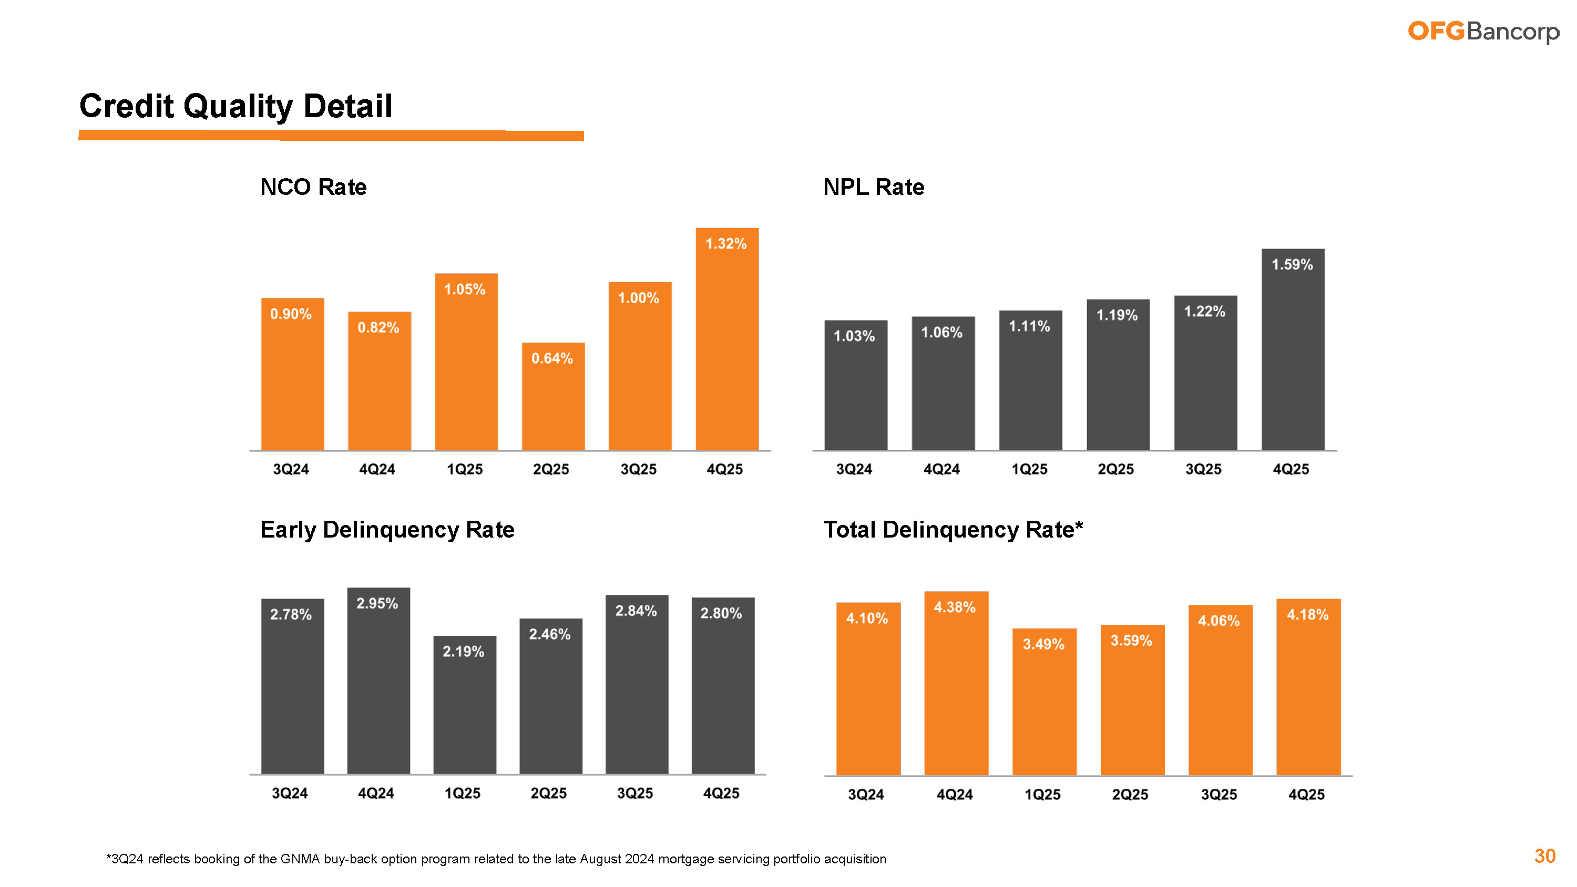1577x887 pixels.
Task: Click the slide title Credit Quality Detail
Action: [235, 106]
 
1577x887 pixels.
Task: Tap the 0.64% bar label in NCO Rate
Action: [551, 359]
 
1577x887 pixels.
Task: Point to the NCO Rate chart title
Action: [313, 187]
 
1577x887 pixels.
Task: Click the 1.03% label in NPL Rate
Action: [854, 336]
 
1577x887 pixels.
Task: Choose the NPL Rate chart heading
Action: [874, 187]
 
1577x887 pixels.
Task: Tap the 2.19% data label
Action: [464, 651]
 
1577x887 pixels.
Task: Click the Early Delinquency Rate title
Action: [387, 530]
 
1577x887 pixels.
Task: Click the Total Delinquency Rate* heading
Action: [953, 530]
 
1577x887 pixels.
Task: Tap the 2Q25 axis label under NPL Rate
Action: [1115, 470]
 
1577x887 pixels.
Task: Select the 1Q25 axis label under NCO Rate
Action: [465, 470]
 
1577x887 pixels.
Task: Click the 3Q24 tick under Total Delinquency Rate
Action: [866, 795]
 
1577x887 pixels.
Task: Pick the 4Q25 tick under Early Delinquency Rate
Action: [721, 793]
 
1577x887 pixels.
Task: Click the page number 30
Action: [1544, 856]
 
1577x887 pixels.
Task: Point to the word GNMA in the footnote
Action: [300, 859]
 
